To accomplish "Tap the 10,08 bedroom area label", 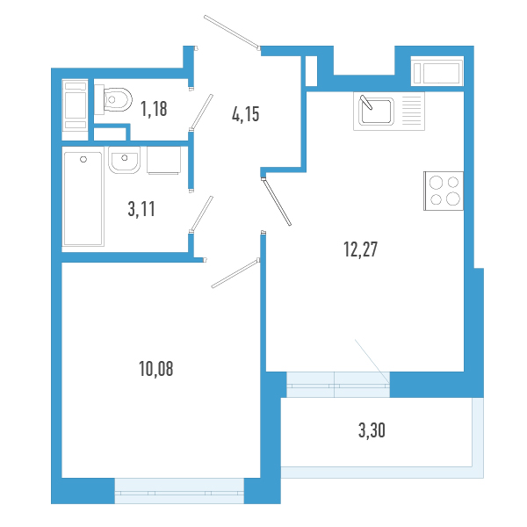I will (155, 368).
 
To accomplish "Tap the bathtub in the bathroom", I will (83, 199).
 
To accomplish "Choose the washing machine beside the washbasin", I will (165, 160).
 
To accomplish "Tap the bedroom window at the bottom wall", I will (178, 491).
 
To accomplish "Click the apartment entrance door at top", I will (232, 31).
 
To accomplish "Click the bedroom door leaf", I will (235, 271).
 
